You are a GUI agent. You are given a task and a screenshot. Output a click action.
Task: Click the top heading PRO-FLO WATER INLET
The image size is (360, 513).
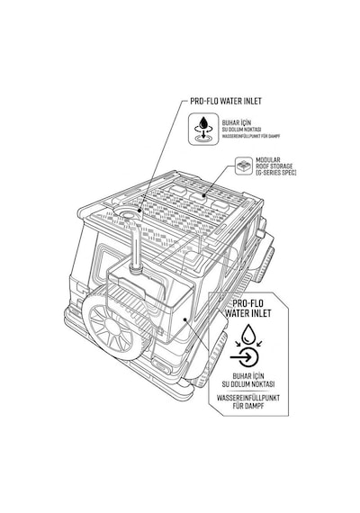point(226,101)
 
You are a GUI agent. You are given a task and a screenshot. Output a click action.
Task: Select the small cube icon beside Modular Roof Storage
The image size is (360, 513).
point(244,166)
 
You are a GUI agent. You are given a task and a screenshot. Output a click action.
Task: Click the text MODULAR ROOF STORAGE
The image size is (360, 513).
point(274,163)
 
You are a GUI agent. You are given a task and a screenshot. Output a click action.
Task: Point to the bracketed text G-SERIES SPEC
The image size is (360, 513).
point(276,173)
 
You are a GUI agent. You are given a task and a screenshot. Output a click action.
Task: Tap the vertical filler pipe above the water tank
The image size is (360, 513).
point(134,244)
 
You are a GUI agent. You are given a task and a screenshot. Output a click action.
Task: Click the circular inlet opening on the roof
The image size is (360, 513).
point(128,213)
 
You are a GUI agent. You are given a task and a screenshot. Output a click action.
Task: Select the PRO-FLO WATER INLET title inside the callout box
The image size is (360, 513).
point(248,308)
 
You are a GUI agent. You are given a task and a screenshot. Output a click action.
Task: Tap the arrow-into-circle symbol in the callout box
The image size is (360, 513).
point(245,357)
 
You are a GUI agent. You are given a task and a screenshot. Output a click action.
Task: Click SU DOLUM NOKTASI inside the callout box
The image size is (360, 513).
point(248,384)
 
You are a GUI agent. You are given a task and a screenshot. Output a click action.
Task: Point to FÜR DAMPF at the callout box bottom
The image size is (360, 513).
point(248,406)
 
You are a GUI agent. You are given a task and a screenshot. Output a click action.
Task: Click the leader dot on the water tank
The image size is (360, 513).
point(185,319)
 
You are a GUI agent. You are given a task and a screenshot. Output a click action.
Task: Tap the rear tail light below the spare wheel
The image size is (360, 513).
point(161,364)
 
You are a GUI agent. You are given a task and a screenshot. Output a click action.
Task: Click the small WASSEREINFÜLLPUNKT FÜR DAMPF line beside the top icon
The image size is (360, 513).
point(251,136)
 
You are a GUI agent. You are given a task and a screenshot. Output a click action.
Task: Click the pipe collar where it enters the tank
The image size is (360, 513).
point(135,269)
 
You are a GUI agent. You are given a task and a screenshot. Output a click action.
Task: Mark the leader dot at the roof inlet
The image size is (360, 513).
point(139,211)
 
